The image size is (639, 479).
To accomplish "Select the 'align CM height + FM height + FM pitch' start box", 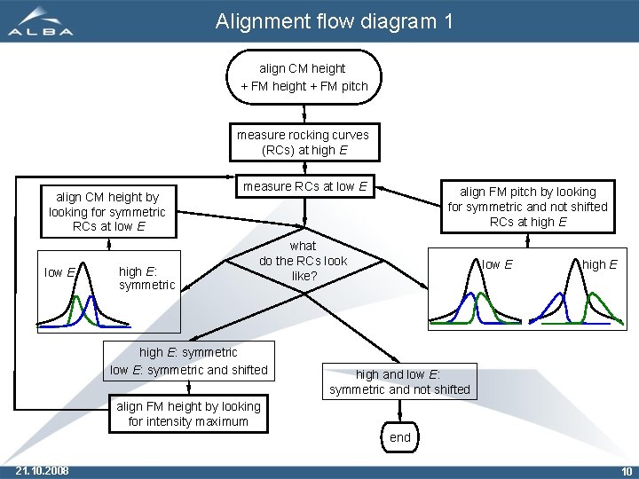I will pos(304,77).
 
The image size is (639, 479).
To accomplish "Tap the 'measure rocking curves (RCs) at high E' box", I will pos(304,142).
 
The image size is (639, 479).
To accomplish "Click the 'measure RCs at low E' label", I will pos(304,186).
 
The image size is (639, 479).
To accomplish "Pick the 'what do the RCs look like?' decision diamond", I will pos(304,262).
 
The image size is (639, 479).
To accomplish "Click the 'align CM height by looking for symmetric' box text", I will pos(106,211).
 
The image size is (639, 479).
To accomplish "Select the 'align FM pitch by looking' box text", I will pos(527,206).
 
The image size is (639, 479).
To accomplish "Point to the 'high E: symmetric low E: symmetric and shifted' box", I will pos(188,361).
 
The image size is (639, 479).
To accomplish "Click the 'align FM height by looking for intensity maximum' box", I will pos(188,413).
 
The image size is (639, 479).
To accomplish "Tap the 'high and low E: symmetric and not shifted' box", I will pos(399,381).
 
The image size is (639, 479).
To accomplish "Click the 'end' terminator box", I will pos(400,437).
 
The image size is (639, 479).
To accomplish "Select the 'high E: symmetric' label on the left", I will pos(146,278).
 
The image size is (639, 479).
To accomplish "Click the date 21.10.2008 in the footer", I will pos(43,470).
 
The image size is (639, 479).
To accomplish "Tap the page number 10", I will pos(627,470).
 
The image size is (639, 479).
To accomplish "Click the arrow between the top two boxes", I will pos(304,113).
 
